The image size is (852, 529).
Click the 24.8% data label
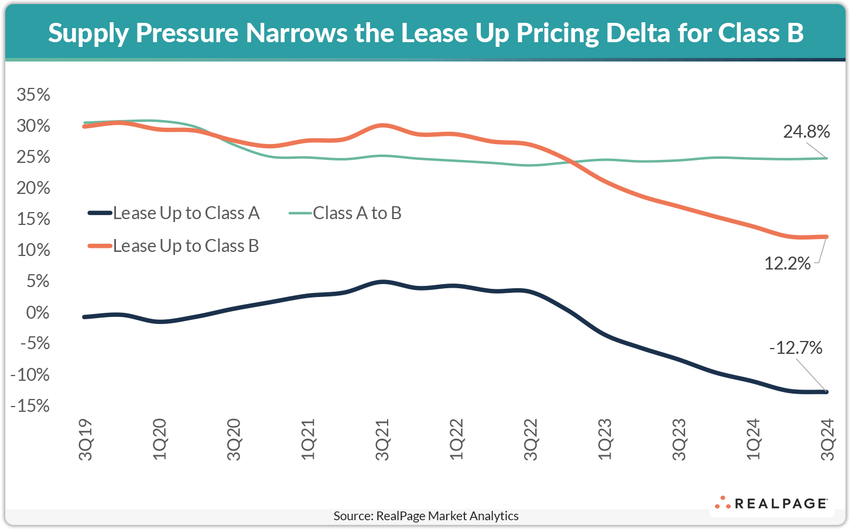point(806,132)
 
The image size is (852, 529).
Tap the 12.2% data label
point(788,264)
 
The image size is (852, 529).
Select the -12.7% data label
point(796,348)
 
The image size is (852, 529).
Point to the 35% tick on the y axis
point(33,95)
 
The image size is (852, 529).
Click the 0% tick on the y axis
point(37,312)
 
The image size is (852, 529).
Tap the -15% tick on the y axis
point(30,405)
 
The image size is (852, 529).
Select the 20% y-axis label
point(33,188)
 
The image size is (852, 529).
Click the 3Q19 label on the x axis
point(85,439)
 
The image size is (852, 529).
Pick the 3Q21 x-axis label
point(382,439)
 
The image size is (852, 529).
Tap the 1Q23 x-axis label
point(605,439)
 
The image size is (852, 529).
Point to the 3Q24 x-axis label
point(827,439)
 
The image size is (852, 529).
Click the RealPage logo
point(771,503)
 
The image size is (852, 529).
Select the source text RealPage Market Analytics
point(426,516)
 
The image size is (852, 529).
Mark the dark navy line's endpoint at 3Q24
point(826,392)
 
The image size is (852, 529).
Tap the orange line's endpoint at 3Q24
point(826,237)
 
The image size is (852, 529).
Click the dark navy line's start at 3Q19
point(85,317)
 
